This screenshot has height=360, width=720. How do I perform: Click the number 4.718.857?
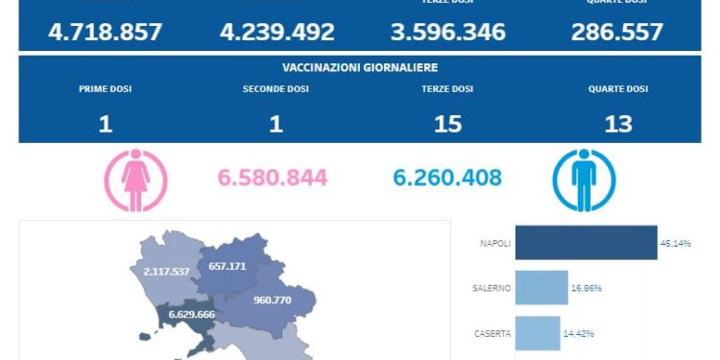pos(105,32)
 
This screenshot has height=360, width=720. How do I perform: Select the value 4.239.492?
pos(276,32)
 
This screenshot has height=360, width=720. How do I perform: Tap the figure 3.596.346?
pos(448,32)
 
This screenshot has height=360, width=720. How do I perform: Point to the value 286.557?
pos(617,32)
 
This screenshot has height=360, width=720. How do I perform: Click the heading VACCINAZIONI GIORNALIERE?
pos(360,67)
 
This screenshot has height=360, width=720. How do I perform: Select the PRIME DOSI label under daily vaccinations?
pos(106,89)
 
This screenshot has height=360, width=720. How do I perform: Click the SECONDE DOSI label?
pos(276,89)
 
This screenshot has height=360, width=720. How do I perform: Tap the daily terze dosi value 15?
pos(447,124)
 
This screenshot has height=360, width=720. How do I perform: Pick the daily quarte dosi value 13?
pos(617,124)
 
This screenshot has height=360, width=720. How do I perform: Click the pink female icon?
pos(135,180)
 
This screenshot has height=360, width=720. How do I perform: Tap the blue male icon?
pos(584,180)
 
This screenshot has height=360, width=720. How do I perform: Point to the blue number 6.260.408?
pos(447,178)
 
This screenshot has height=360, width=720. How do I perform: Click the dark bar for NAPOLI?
pos(586,243)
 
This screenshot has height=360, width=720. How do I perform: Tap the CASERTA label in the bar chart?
pos(492,334)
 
